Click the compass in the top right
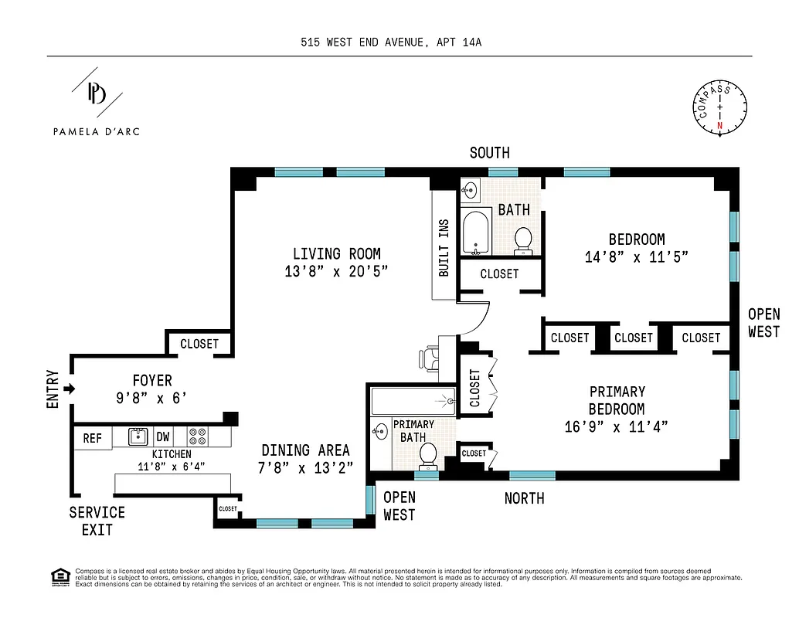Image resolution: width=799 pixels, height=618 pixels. tap(720, 108)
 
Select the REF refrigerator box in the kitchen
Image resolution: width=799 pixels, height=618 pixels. tap(92, 438)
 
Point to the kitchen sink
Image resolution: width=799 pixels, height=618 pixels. tap(138, 436)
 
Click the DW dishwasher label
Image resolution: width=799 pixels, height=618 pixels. tap(163, 436)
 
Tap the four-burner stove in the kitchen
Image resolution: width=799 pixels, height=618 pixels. tap(197, 436)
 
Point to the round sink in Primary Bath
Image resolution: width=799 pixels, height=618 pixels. tap(380, 431)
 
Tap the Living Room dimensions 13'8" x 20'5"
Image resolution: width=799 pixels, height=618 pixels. tap(336, 271)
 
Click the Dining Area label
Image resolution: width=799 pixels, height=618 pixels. tap(305, 450)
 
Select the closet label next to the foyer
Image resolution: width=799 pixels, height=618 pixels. tap(199, 344)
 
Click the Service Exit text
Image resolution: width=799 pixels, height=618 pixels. tap(97, 521)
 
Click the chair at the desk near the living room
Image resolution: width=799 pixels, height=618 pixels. tap(427, 358)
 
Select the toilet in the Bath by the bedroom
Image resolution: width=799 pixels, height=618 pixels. tap(524, 239)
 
